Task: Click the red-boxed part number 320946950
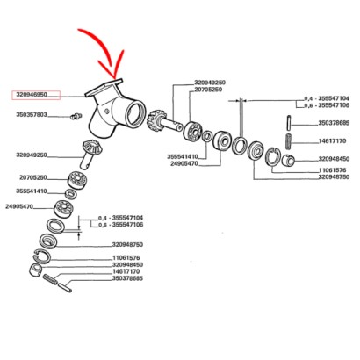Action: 32,95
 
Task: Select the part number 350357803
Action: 32,115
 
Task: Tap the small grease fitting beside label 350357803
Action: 76,116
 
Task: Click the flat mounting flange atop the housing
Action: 104,87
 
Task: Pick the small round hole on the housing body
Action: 107,112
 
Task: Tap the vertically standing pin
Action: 288,122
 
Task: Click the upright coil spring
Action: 289,141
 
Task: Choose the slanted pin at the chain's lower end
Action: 65,286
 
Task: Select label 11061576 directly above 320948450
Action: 126,258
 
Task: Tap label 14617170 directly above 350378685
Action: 126,271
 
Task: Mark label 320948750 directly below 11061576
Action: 334,177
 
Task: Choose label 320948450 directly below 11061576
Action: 127,265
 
